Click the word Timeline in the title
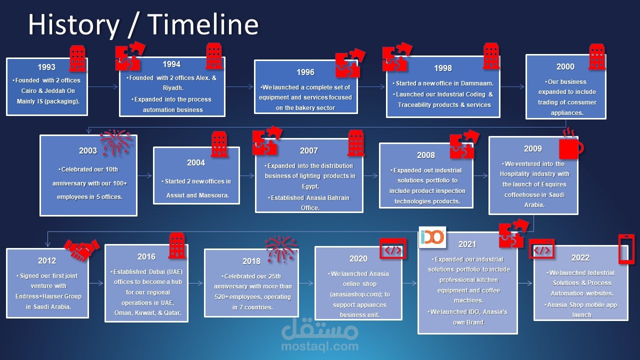tap(203, 24)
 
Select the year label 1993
tap(46, 67)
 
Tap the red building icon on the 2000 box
tap(597, 57)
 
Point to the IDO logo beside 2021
tap(432, 237)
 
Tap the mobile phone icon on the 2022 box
tap(626, 249)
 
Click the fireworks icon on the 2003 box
tap(116, 142)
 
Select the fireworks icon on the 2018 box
tap(280, 249)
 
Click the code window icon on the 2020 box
tap(393, 248)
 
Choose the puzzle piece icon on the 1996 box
tap(349, 63)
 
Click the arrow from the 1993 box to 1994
tap(103, 86)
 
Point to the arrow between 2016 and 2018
tap(195, 283)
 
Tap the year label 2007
tap(309, 150)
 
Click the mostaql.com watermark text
tap(319, 346)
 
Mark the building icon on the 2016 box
tap(177, 245)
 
